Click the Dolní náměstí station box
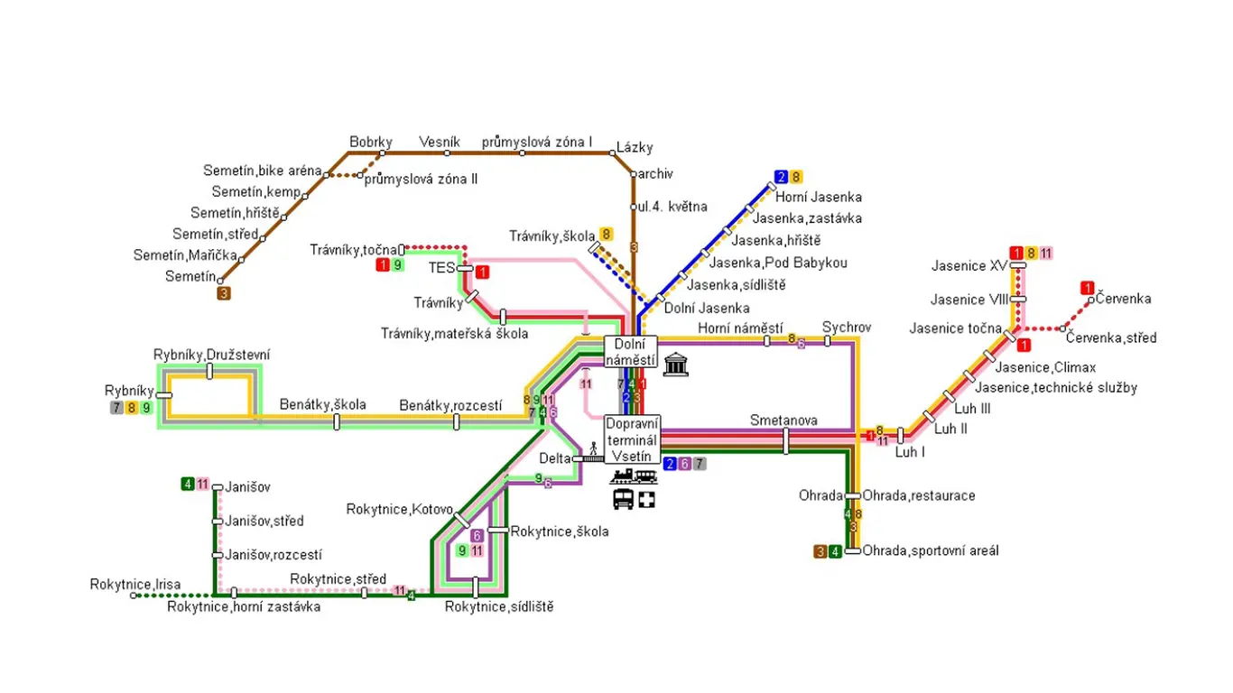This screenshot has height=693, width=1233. (630, 352)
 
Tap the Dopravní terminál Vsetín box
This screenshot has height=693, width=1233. (632, 439)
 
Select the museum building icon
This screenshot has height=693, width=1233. (675, 365)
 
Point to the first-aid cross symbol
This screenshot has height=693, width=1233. (647, 500)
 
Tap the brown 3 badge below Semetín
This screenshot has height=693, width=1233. (224, 294)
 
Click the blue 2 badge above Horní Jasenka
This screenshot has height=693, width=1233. (781, 177)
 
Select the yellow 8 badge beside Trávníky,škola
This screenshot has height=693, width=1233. (606, 235)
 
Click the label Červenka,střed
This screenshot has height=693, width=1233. (1111, 337)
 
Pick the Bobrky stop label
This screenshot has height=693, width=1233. (370, 142)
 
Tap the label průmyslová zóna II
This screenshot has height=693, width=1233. (421, 179)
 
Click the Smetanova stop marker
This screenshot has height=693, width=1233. (785, 441)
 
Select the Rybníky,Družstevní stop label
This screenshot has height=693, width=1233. (212, 355)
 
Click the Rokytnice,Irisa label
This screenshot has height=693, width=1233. (135, 584)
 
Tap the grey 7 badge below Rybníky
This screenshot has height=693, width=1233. (116, 408)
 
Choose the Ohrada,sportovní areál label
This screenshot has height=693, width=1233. (931, 550)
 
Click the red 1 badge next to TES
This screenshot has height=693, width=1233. (482, 272)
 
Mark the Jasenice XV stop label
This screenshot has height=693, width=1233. (969, 266)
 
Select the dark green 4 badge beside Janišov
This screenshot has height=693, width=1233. (188, 484)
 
